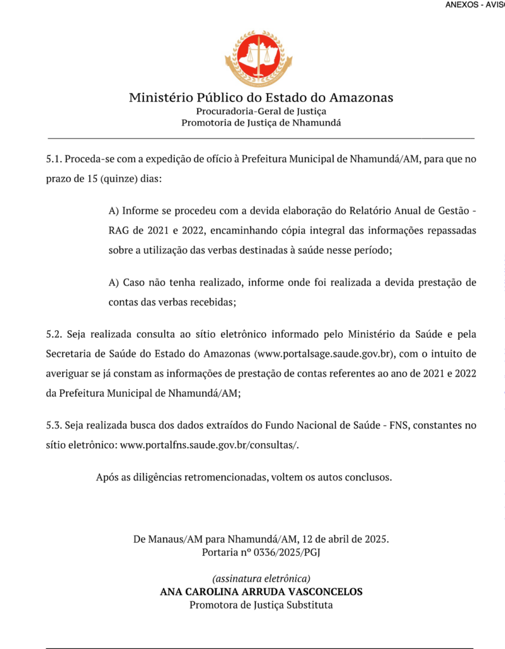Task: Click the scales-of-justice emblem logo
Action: point(258,58)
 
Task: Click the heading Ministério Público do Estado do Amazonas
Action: point(261,98)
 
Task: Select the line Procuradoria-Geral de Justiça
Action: point(261,111)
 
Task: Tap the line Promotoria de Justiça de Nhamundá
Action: point(261,123)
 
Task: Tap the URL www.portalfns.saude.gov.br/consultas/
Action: point(208,445)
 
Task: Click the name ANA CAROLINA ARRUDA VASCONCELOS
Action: point(261,592)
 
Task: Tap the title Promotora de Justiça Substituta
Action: point(261,605)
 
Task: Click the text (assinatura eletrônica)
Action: point(261,579)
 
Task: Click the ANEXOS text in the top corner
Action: point(463,4)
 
